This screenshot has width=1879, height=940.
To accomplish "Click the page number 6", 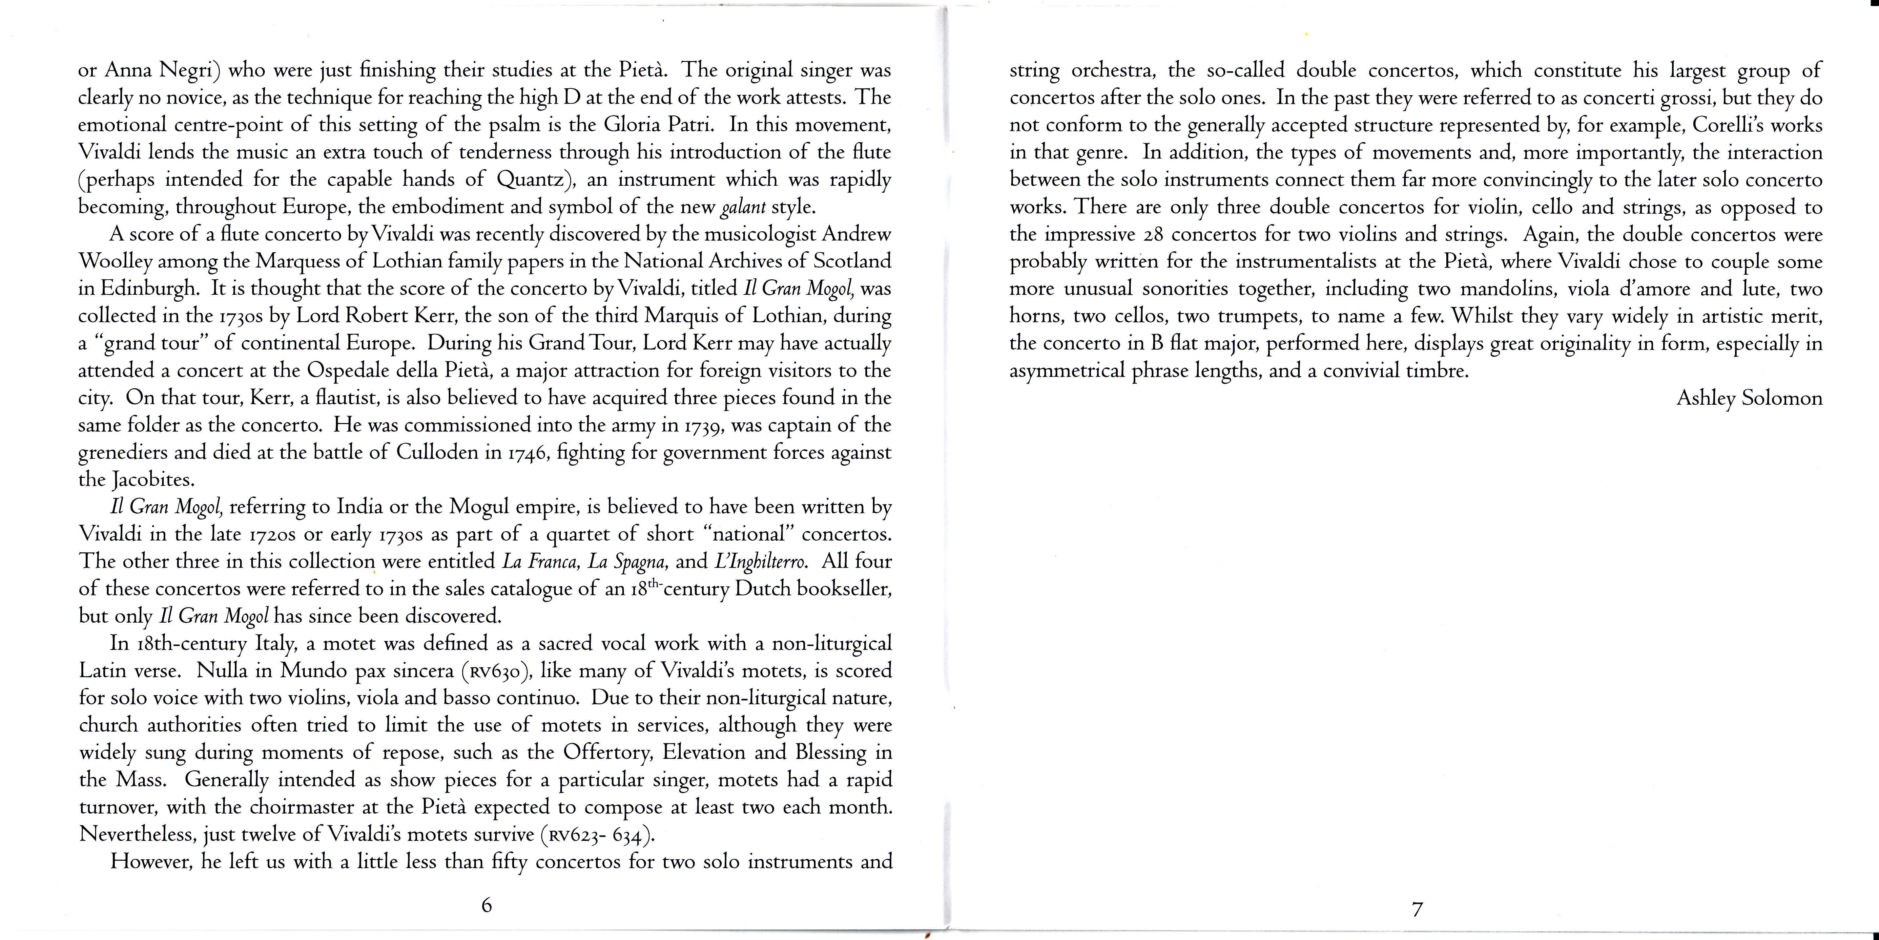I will click(486, 906).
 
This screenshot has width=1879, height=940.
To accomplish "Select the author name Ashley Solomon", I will click(1749, 398).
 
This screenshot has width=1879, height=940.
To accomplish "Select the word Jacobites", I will click(153, 480).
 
